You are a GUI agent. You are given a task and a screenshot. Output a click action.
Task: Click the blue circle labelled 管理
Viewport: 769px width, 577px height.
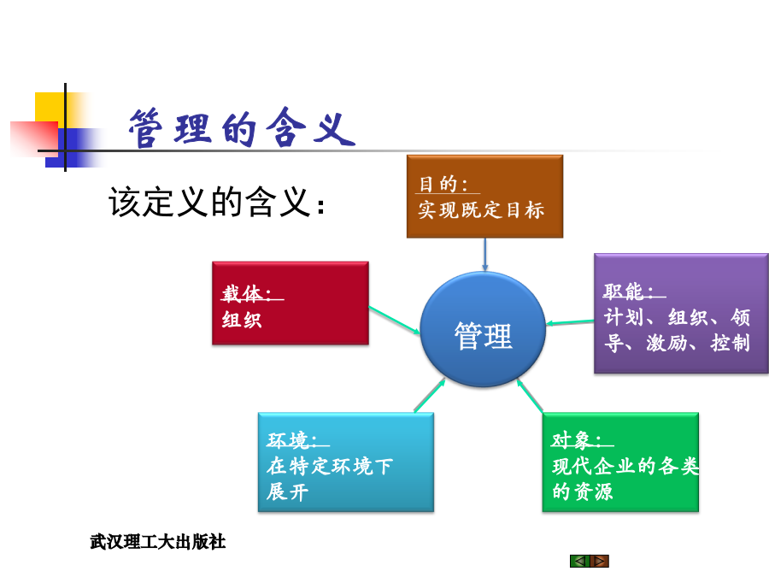pyautogui.click(x=483, y=329)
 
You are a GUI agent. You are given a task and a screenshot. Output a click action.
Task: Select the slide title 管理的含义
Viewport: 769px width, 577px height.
pyautogui.click(x=242, y=128)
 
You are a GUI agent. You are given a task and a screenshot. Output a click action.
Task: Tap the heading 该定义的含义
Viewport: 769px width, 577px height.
pyautogui.click(x=216, y=202)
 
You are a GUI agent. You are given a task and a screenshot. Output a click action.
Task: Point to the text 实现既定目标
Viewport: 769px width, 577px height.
pyautogui.click(x=481, y=210)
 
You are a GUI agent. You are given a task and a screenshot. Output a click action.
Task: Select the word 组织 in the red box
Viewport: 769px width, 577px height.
pyautogui.click(x=242, y=320)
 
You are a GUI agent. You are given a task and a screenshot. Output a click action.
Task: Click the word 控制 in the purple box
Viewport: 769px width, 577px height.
pyautogui.click(x=731, y=343)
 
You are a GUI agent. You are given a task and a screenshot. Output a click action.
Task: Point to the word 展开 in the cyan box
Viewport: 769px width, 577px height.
pyautogui.click(x=287, y=492)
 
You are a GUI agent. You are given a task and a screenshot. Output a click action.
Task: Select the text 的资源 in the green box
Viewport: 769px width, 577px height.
pyautogui.click(x=583, y=492)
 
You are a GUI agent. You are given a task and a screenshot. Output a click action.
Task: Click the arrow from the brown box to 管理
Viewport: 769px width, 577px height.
pyautogui.click(x=485, y=255)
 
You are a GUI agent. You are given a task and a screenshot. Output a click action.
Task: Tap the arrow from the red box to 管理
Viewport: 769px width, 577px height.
pyautogui.click(x=394, y=320)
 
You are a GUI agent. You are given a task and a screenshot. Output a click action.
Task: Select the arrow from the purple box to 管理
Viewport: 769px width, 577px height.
pyautogui.click(x=570, y=322)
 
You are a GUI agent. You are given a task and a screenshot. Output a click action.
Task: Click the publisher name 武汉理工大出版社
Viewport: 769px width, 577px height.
pyautogui.click(x=158, y=542)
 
